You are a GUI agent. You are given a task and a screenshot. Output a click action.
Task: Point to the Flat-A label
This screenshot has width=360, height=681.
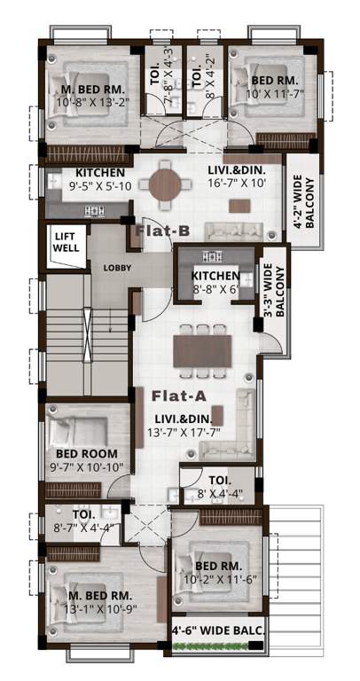[x=179, y=395]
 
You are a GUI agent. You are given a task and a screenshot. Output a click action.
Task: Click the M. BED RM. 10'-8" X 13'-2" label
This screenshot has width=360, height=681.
[x=91, y=96]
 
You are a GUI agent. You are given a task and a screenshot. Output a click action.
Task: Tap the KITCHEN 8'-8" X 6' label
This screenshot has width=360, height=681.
[x=216, y=282]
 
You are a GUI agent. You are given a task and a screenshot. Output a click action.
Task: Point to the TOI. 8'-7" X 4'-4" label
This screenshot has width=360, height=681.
[x=82, y=521]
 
